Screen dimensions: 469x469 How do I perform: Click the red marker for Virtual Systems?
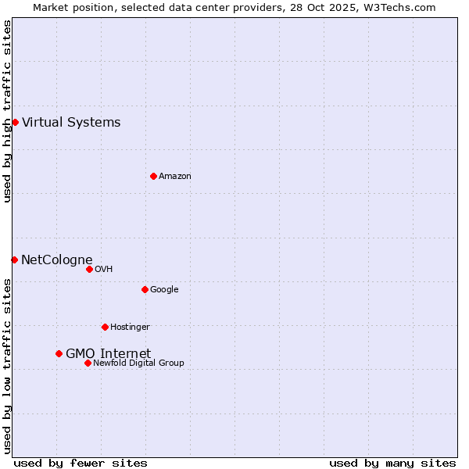(x=15, y=122)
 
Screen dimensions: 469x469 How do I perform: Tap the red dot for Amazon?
(x=153, y=176)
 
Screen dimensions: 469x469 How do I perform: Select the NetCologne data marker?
(x=14, y=260)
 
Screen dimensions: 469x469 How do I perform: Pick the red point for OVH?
(x=89, y=269)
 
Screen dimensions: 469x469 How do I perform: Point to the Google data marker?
(x=145, y=289)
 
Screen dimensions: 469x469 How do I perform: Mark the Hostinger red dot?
(x=105, y=327)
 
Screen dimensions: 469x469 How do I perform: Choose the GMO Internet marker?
(x=59, y=353)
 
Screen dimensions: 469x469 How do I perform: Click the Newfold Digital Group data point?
(x=88, y=363)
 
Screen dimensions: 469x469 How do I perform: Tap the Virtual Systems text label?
(x=71, y=122)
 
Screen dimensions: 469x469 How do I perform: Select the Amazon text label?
(x=175, y=176)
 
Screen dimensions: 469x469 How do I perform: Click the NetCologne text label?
(x=56, y=260)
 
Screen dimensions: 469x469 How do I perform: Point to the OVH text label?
(x=104, y=269)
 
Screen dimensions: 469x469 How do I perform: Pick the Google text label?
(x=164, y=289)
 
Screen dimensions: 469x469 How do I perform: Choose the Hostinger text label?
(x=130, y=327)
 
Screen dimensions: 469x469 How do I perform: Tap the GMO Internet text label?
(x=108, y=353)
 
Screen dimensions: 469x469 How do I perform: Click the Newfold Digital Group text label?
(x=138, y=363)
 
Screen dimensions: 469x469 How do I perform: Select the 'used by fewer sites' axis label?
(x=81, y=463)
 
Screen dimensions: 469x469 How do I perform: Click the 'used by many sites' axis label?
(x=392, y=463)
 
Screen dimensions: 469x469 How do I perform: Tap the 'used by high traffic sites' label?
(x=7, y=111)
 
